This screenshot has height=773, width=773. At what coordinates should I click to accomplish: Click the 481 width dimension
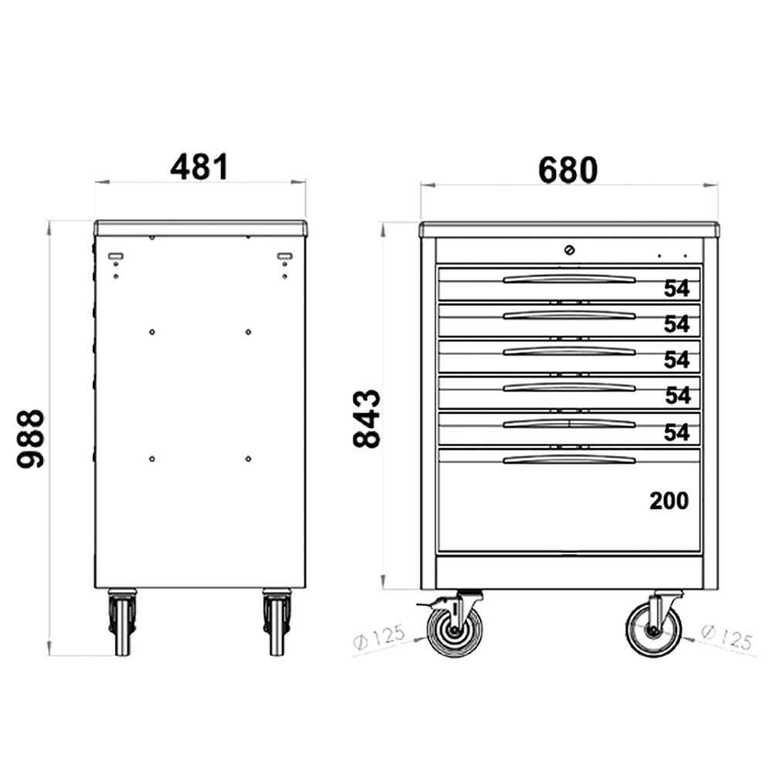coord(199,167)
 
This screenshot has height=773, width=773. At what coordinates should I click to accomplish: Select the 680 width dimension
coord(568,170)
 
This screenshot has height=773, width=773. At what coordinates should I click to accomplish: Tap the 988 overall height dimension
coord(31,438)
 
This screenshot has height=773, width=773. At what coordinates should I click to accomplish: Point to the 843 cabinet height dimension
coord(367,418)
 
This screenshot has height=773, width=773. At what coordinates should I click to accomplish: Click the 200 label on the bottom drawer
coord(669,501)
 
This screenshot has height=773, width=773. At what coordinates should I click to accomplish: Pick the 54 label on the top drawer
coord(676,288)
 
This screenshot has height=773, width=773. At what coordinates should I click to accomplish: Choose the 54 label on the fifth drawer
coord(676,432)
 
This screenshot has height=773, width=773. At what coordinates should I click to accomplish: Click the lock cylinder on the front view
coord(570,250)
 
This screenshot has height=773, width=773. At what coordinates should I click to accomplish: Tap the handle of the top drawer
coord(570,280)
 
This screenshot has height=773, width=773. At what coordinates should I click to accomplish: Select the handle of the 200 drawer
coord(570,460)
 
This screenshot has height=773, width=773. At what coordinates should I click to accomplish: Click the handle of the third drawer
coord(570,352)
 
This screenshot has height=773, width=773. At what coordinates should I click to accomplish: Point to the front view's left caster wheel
coord(455,630)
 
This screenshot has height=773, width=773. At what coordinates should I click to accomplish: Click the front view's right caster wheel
coord(654,630)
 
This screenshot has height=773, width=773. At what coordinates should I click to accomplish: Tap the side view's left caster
coord(122,622)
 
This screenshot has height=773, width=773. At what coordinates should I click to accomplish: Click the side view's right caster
coord(277,622)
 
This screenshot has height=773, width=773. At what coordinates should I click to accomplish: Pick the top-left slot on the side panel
coord(115,256)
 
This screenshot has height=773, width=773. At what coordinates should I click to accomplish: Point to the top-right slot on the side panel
coord(285,256)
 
